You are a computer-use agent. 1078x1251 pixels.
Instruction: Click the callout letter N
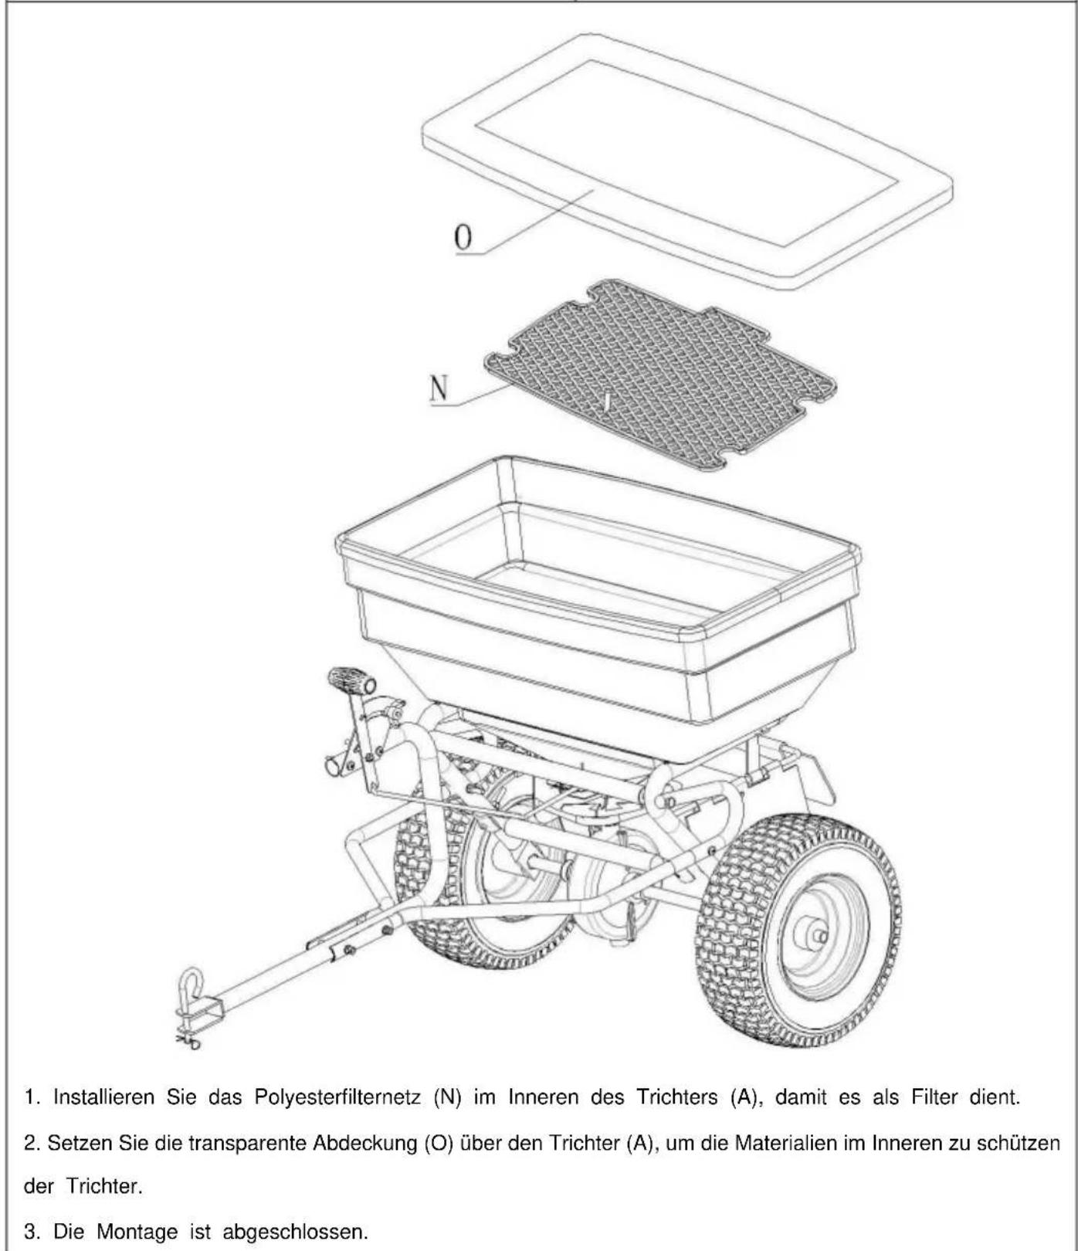[x=439, y=388]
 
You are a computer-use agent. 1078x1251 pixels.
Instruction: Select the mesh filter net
[x=660, y=375]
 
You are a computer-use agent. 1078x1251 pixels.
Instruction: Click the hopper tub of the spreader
[x=598, y=610]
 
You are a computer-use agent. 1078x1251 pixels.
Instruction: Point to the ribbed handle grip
[x=351, y=681]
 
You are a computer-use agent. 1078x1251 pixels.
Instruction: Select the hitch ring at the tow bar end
[x=190, y=985]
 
